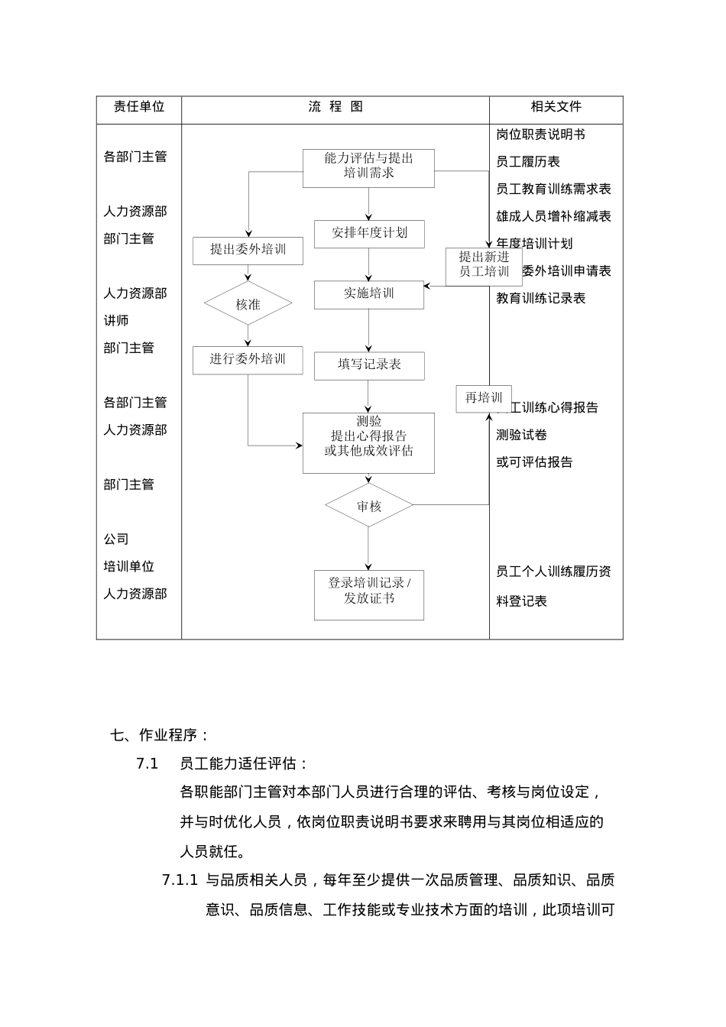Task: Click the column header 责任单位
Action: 138,107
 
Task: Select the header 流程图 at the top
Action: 335,107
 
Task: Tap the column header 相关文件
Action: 556,107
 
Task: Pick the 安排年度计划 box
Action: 368,233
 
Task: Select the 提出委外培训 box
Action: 248,250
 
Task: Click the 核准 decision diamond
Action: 248,304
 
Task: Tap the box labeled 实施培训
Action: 368,294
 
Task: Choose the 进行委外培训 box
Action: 248,359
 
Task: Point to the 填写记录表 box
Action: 368,365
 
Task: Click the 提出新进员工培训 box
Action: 483,265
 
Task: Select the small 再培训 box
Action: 483,398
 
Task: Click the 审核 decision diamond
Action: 368,506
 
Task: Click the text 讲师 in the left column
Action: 116,321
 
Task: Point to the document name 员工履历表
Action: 528,162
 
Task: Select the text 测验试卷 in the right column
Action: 522,435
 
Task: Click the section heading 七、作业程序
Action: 160,735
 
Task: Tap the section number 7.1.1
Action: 180,880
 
